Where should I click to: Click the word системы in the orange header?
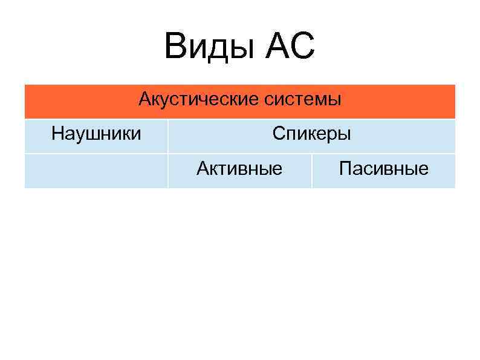point(303,98)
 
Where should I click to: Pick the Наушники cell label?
point(96,133)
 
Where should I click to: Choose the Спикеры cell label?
point(311,133)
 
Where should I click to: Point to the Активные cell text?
point(239,168)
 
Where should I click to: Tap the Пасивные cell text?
point(384,168)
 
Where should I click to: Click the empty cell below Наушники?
point(96,171)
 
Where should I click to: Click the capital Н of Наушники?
point(57,133)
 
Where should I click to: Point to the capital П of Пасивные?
point(345,168)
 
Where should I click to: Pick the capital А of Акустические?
point(144,98)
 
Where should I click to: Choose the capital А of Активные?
point(202,168)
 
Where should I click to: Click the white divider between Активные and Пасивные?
point(312,171)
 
